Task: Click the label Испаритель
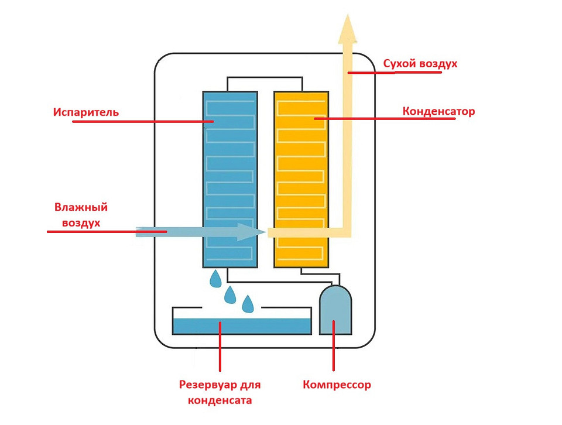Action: point(85,111)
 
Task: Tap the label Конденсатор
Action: point(438,111)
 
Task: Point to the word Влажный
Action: point(81,208)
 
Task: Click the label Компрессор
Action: point(337,385)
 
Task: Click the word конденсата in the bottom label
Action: point(220,400)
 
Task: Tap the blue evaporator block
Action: point(229,176)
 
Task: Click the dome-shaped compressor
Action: point(335,311)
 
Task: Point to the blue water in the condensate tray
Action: point(241,325)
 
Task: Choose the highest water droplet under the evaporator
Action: point(217,279)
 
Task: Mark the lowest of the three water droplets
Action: point(248,303)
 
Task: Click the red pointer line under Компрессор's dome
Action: point(334,345)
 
